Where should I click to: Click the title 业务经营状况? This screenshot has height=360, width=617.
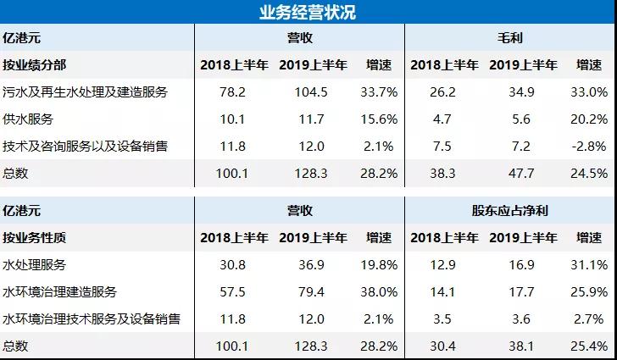(308, 12)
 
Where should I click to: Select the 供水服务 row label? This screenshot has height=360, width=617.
(28, 119)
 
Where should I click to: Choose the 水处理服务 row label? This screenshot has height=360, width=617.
(35, 265)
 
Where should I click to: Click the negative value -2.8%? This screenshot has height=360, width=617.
(591, 146)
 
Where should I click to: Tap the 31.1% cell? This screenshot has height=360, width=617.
(591, 265)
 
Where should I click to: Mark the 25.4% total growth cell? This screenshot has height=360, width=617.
(591, 346)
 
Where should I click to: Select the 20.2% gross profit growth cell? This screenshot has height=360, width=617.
(591, 119)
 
